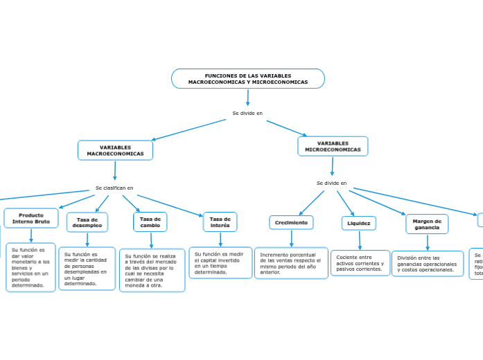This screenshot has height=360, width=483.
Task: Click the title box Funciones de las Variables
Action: tap(247, 79)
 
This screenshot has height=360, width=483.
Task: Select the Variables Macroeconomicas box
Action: tap(115, 150)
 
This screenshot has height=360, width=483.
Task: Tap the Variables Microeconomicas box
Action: tap(333, 146)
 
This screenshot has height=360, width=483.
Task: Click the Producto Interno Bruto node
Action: tap(31, 218)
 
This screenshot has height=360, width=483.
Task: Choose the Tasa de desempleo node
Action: tap(87, 222)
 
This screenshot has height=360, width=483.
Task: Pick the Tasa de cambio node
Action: tap(150, 222)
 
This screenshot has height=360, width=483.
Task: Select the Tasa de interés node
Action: tap(220, 222)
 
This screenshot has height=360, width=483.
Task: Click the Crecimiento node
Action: tap(291, 222)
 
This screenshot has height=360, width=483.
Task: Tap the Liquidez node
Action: tap(358, 223)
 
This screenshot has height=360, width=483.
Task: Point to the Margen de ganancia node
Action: tap(427, 224)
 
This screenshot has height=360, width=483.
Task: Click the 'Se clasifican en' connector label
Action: tap(114, 188)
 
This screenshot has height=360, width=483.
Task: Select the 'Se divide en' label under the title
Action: tap(247, 113)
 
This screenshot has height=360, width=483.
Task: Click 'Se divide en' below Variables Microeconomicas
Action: tap(331, 183)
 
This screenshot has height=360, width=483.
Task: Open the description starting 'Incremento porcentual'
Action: tap(291, 263)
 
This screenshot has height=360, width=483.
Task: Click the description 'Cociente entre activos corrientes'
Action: tap(360, 263)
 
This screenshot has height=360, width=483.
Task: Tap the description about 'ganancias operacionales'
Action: tap(427, 264)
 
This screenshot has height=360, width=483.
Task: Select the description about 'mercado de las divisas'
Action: tap(152, 270)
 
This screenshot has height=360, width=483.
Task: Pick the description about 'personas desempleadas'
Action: tap(87, 269)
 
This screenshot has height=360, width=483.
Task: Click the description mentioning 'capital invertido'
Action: tap(220, 263)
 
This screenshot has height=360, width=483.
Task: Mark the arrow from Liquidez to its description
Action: tap(359, 240)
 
